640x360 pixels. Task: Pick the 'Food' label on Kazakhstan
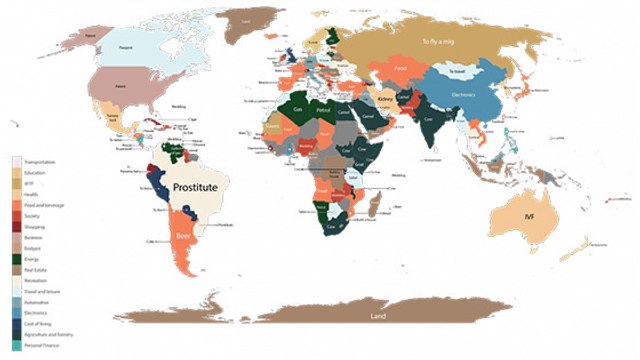click(x=399, y=69)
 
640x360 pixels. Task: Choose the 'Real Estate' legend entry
click(x=34, y=268)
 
